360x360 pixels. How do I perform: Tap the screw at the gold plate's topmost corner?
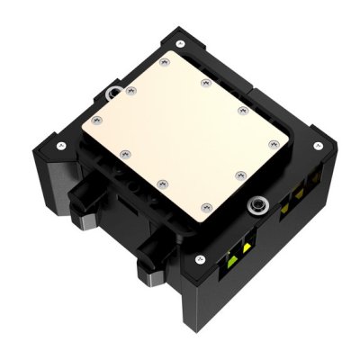(162, 63)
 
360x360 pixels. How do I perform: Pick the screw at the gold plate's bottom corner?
(162, 183)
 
